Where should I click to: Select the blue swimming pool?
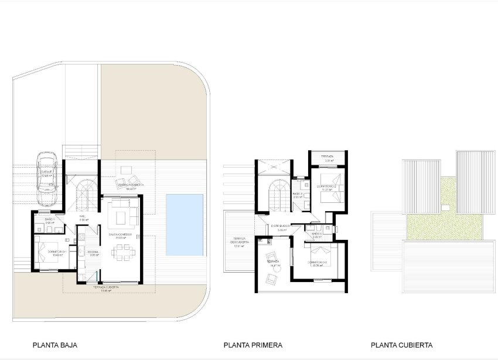(x=184, y=225)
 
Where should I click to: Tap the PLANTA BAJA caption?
(x=55, y=345)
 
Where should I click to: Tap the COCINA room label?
(x=93, y=253)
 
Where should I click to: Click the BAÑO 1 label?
(x=49, y=220)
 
